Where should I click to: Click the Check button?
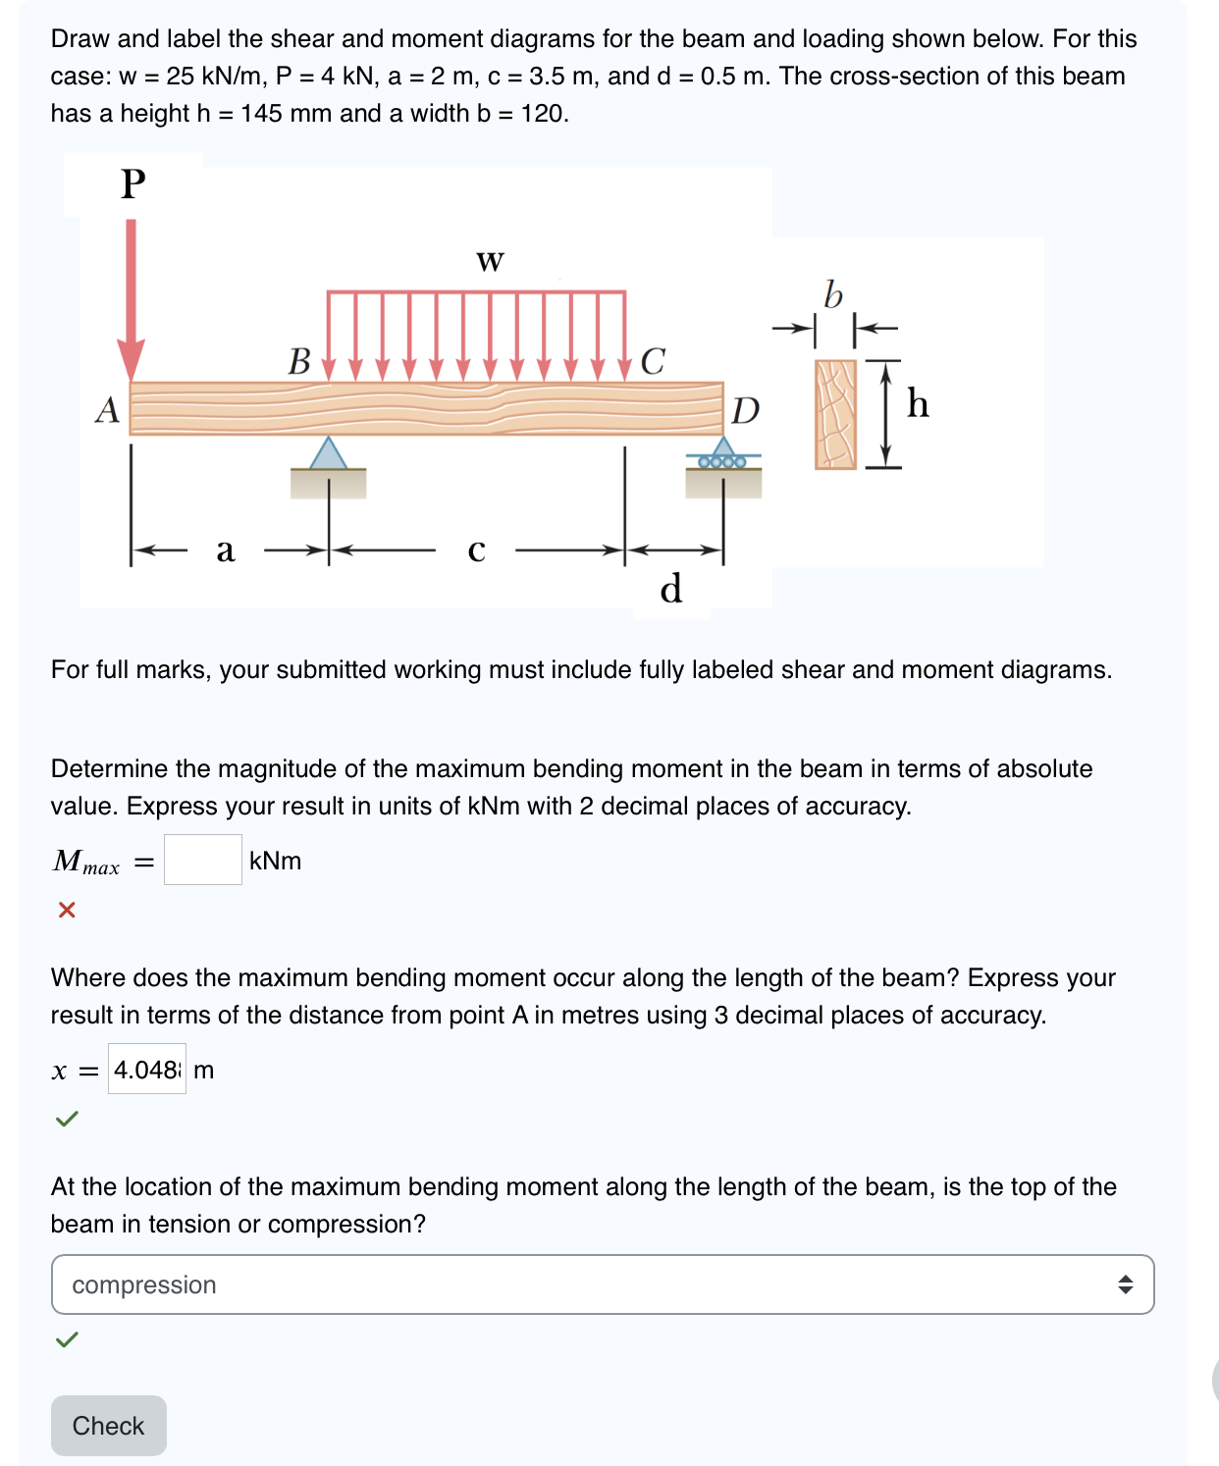108,1425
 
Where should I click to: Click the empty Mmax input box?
202,860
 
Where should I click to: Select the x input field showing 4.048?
147,1069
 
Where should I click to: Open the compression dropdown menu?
602,1284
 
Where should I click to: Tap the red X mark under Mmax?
67,910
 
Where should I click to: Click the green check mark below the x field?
67,1119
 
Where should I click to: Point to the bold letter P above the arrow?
133,183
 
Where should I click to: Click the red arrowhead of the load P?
132,359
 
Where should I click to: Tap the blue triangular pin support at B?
328,453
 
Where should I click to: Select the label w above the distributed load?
490,261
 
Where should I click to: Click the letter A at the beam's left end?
107,409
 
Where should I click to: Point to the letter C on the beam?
653,361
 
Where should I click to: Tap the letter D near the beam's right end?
746,410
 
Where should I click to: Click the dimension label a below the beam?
226,550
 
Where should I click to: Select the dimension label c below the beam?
476,550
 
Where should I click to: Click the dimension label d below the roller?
671,589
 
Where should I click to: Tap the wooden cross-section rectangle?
835,414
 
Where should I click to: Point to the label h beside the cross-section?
918,403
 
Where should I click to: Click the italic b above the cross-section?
833,293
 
